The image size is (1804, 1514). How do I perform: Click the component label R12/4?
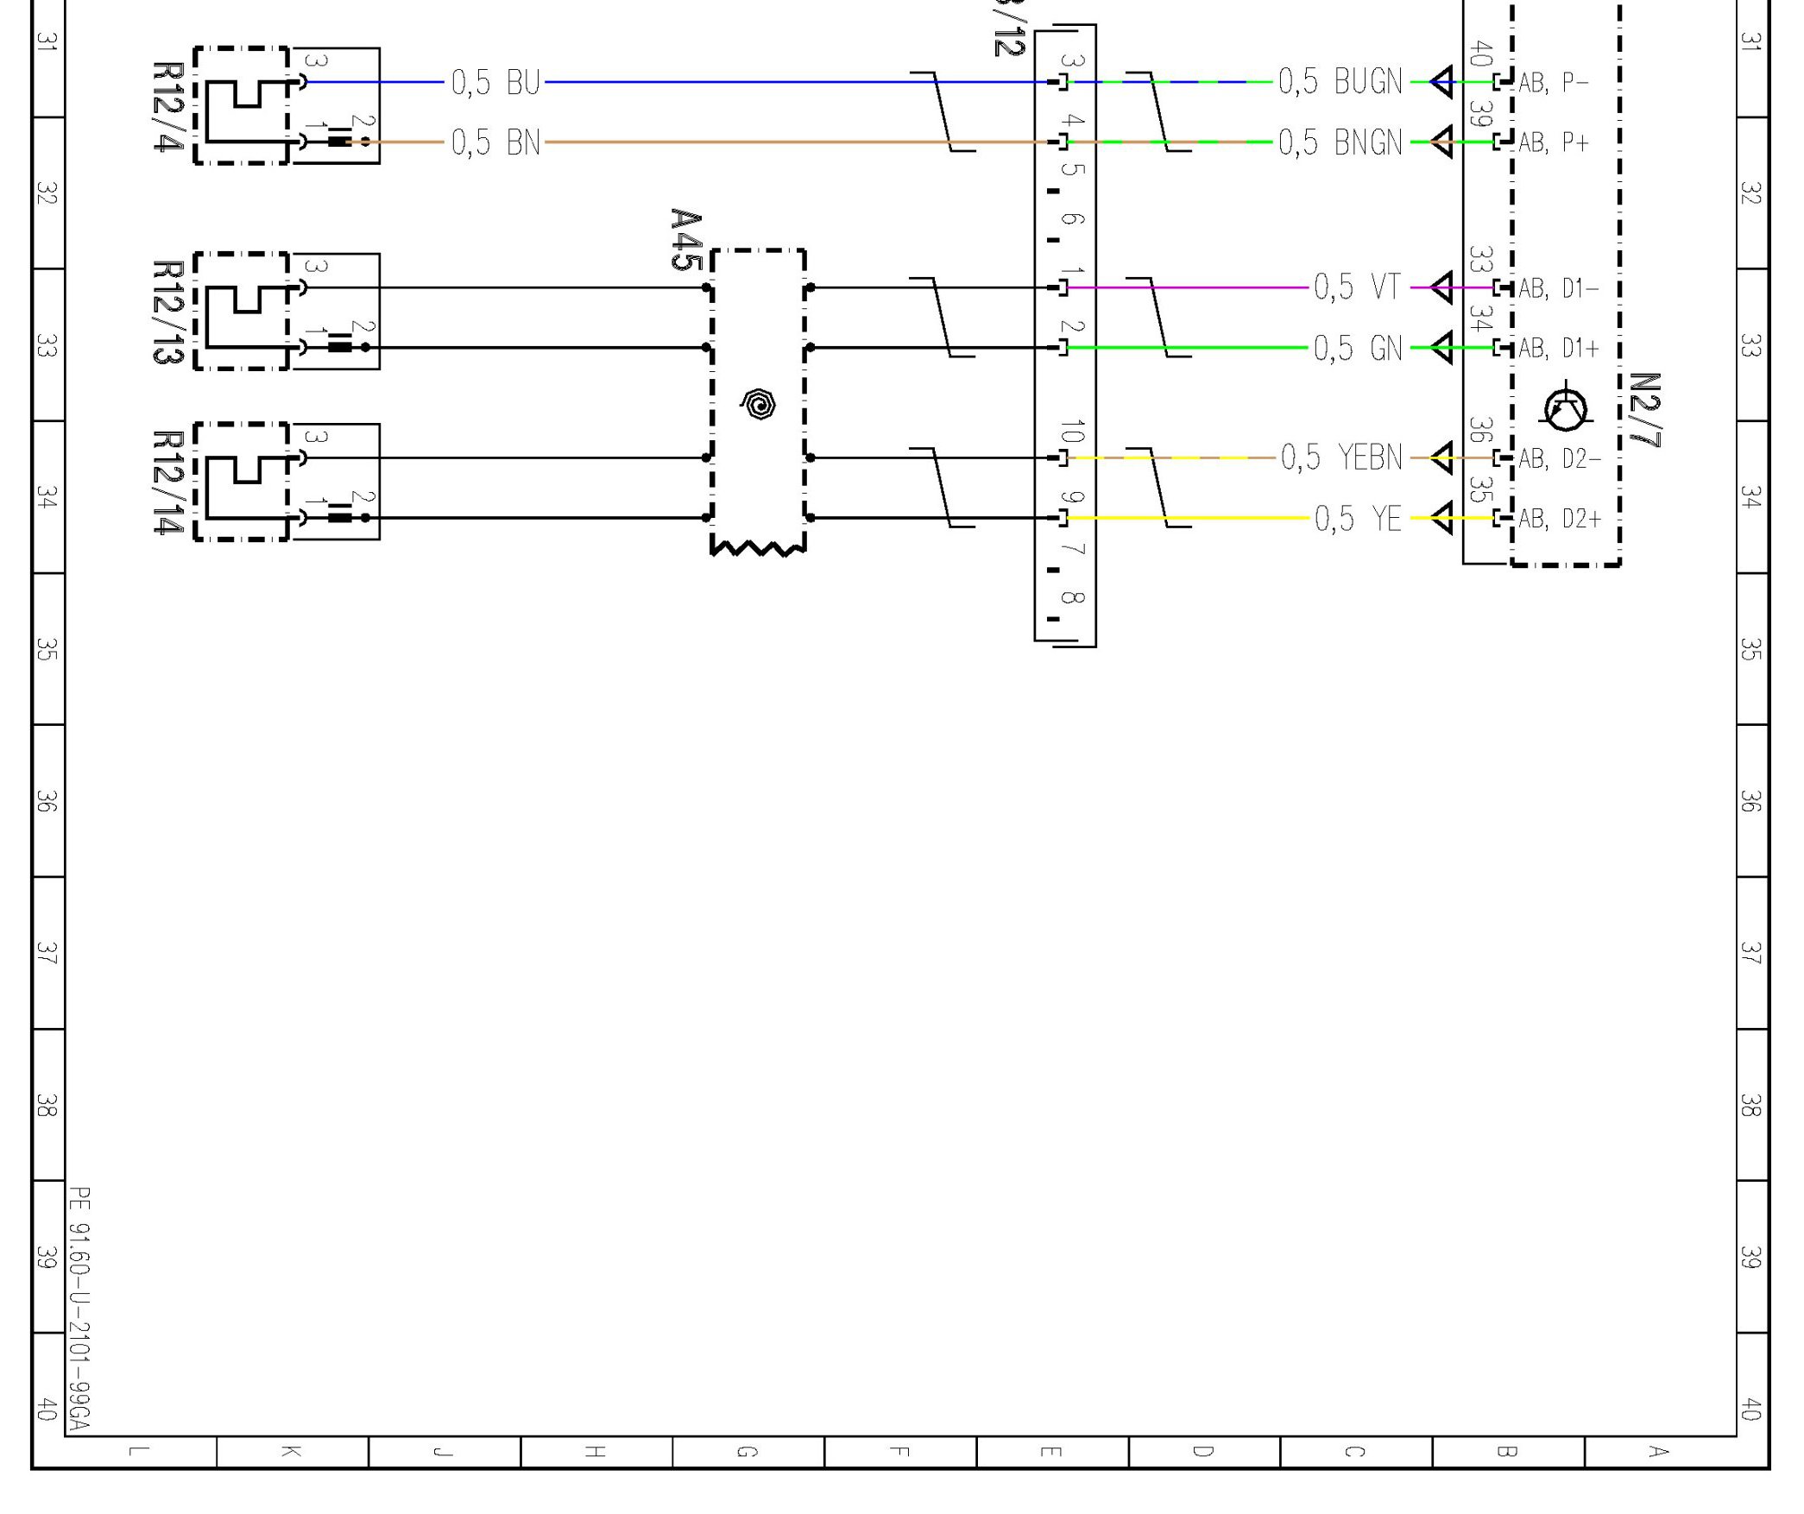167,106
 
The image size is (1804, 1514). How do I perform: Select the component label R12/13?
167,312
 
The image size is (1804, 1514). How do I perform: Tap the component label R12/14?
167,483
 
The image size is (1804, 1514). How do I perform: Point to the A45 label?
685,239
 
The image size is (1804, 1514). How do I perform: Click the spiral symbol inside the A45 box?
759,404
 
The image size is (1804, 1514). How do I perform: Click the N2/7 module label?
1644,410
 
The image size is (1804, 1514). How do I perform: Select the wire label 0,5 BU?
495,83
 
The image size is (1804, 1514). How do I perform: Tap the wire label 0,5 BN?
495,142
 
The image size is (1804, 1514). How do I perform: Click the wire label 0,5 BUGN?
1340,82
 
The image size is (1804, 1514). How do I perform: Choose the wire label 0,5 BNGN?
1340,142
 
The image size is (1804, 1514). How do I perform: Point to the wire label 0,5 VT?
1357,287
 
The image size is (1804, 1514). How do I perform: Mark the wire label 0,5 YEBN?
1341,457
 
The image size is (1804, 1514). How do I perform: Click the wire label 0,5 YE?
1358,519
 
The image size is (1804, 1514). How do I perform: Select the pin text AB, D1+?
1558,349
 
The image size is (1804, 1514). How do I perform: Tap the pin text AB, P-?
1553,83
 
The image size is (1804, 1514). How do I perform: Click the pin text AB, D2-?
1559,458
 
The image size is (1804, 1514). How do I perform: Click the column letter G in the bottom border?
747,1451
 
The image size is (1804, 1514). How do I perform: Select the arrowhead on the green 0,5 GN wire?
1441,348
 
